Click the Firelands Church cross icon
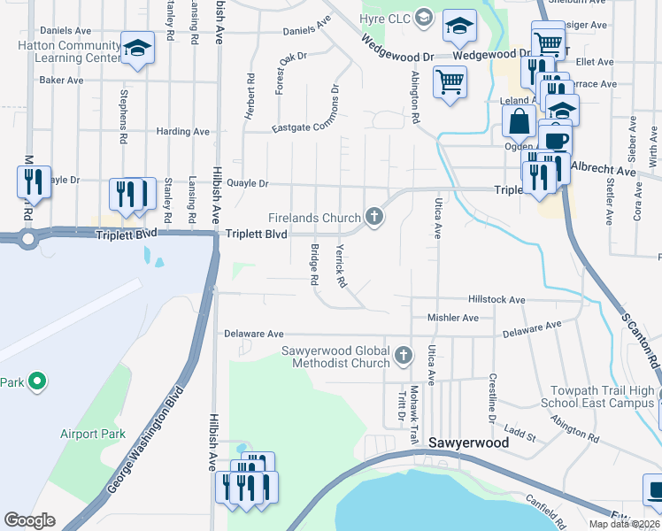pyautogui.click(x=374, y=217)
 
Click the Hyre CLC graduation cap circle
pyautogui.click(x=424, y=17)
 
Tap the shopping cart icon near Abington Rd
pyautogui.click(x=450, y=82)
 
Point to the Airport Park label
pyautogui.click(x=93, y=434)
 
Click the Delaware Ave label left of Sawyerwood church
pyautogui.click(x=253, y=334)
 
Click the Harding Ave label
pyautogui.click(x=182, y=132)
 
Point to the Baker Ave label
pyautogui.click(x=61, y=80)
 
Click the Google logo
pyautogui.click(x=29, y=520)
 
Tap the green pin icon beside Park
pyautogui.click(x=36, y=382)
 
